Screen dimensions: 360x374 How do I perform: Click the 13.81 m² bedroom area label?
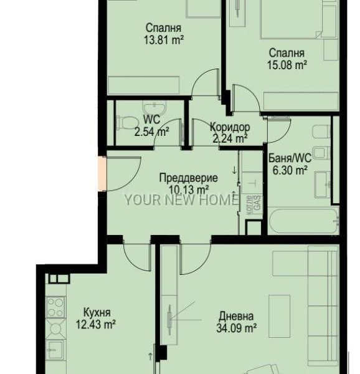164,40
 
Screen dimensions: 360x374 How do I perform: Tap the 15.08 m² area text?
287,65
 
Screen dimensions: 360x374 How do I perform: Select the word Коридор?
230,127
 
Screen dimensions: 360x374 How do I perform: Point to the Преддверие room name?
189,178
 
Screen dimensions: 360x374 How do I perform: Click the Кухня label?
97,312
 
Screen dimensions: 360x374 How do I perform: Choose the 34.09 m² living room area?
236,328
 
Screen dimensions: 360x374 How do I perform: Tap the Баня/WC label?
290,158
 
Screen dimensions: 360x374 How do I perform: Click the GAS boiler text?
258,203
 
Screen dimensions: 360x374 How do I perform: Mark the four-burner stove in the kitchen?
56,307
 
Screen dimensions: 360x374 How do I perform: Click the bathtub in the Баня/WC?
303,221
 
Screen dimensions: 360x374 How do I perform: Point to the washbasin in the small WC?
154,108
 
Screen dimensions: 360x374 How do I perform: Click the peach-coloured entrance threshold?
102,174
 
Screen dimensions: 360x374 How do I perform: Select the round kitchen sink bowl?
55,329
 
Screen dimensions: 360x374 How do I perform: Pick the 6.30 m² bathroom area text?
290,170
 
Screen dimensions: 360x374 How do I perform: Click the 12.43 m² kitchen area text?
96,324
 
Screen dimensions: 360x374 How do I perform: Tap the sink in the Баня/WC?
322,185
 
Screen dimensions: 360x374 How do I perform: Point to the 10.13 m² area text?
189,190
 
